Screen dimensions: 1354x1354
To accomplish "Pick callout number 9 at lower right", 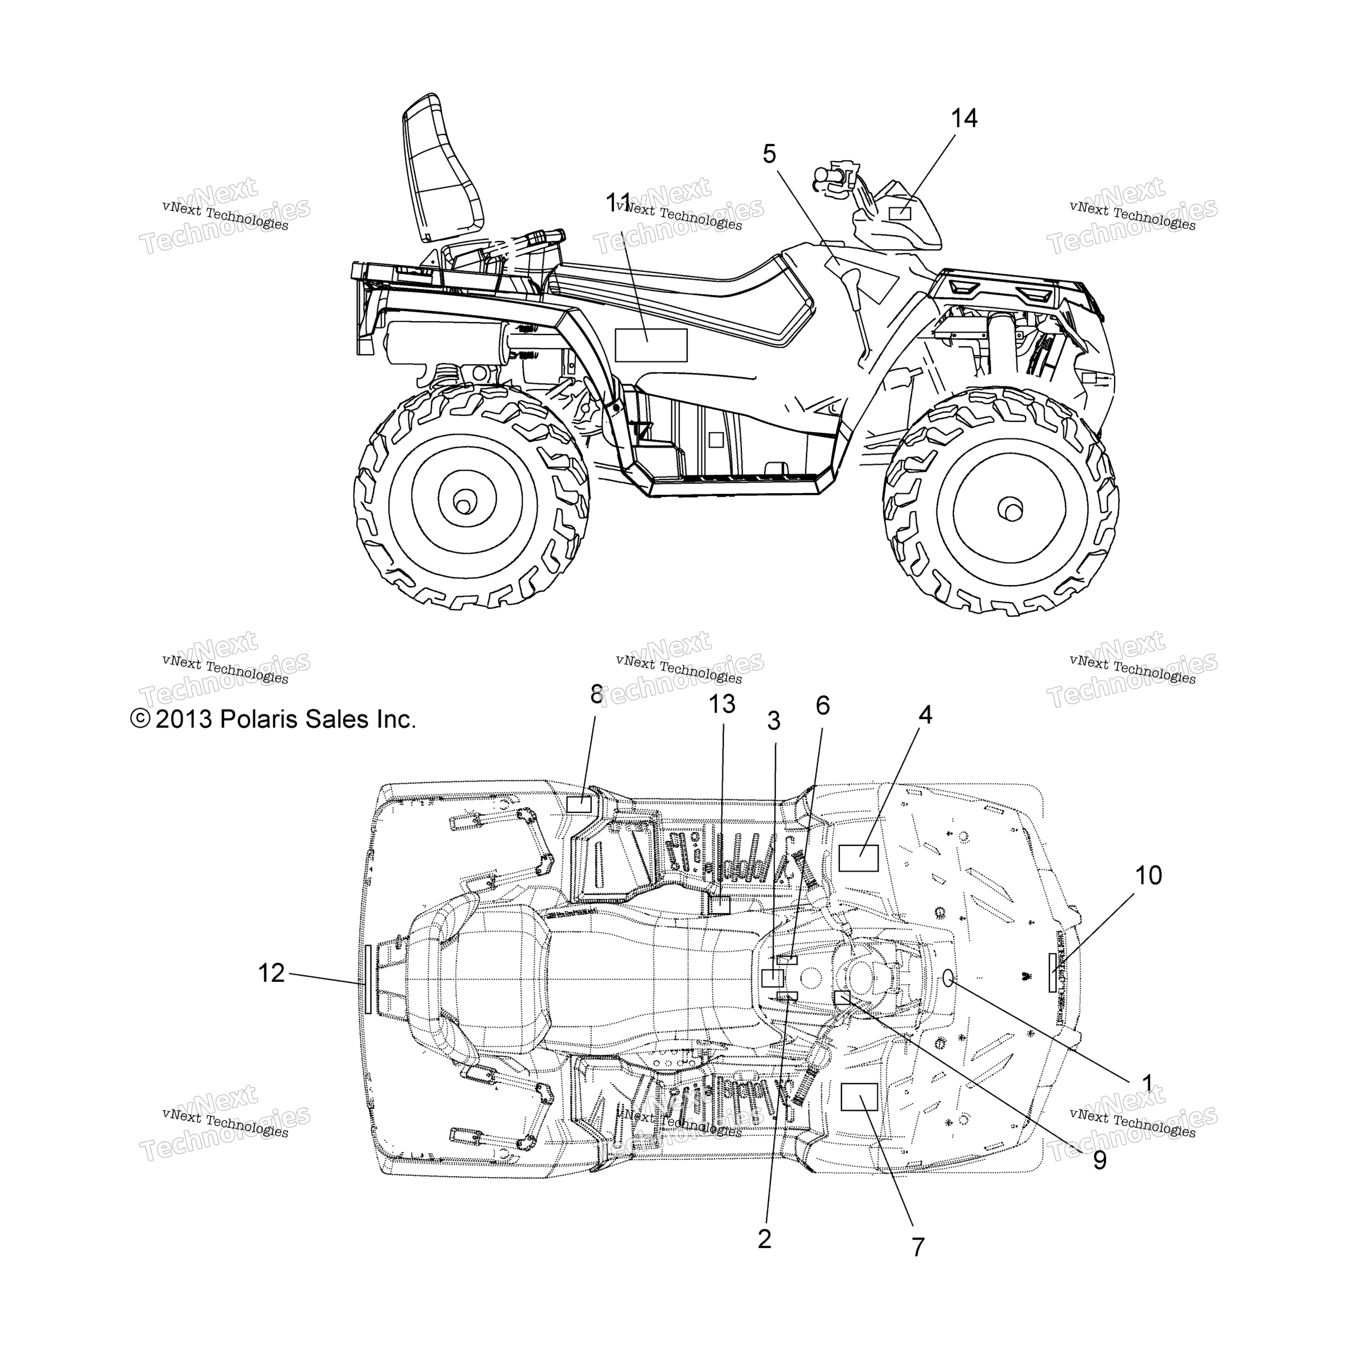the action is (x=1100, y=1161).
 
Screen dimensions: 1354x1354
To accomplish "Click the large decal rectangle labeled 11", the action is (x=651, y=345).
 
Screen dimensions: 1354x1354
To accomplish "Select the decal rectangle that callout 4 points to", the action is (x=859, y=858).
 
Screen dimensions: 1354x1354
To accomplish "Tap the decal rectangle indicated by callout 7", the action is (x=859, y=1096).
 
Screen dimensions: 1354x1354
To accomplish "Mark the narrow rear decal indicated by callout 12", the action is (x=368, y=978).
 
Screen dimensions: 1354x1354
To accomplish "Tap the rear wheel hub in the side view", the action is (x=462, y=502).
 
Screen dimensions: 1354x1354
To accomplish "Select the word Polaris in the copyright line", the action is (x=257, y=719).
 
